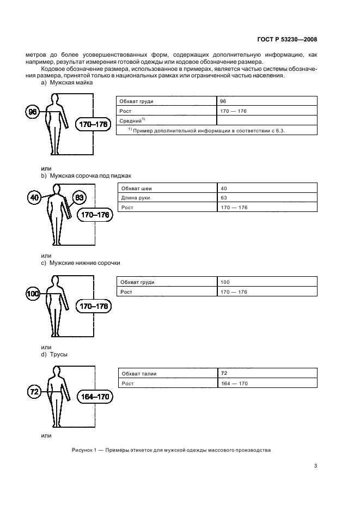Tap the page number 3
(315, 465)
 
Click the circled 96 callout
(33, 112)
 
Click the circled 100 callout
(33, 295)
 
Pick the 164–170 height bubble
(94, 397)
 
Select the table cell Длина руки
(136, 198)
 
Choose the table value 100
(225, 282)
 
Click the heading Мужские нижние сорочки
(84, 263)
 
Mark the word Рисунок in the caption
(83, 450)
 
